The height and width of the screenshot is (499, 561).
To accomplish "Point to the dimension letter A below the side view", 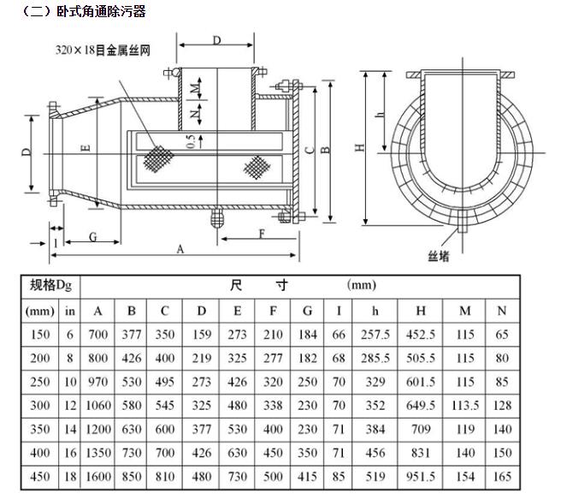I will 180,248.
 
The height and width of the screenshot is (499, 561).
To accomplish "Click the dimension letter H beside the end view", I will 361,146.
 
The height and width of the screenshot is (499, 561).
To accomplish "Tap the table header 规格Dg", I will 49,285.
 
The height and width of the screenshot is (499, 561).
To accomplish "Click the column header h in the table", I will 375,311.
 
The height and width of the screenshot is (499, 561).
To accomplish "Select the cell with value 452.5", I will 421,336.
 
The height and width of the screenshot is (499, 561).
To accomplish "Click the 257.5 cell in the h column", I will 375,336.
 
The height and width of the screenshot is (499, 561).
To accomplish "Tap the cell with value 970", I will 98,382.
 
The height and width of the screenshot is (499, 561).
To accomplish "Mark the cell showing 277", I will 273,359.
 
